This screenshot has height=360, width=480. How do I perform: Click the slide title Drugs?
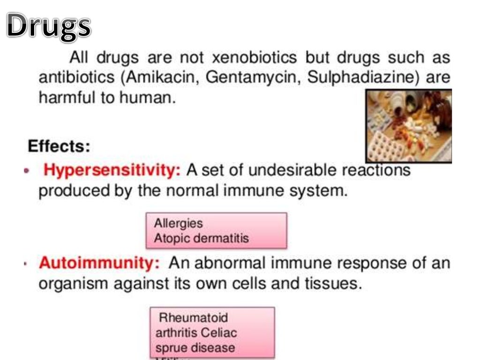(x=49, y=26)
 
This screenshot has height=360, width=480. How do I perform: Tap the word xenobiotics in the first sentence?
(x=255, y=58)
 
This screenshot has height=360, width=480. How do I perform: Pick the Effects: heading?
(x=59, y=146)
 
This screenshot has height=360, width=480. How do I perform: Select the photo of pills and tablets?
(x=408, y=126)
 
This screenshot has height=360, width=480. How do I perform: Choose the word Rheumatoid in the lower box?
(x=193, y=317)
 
